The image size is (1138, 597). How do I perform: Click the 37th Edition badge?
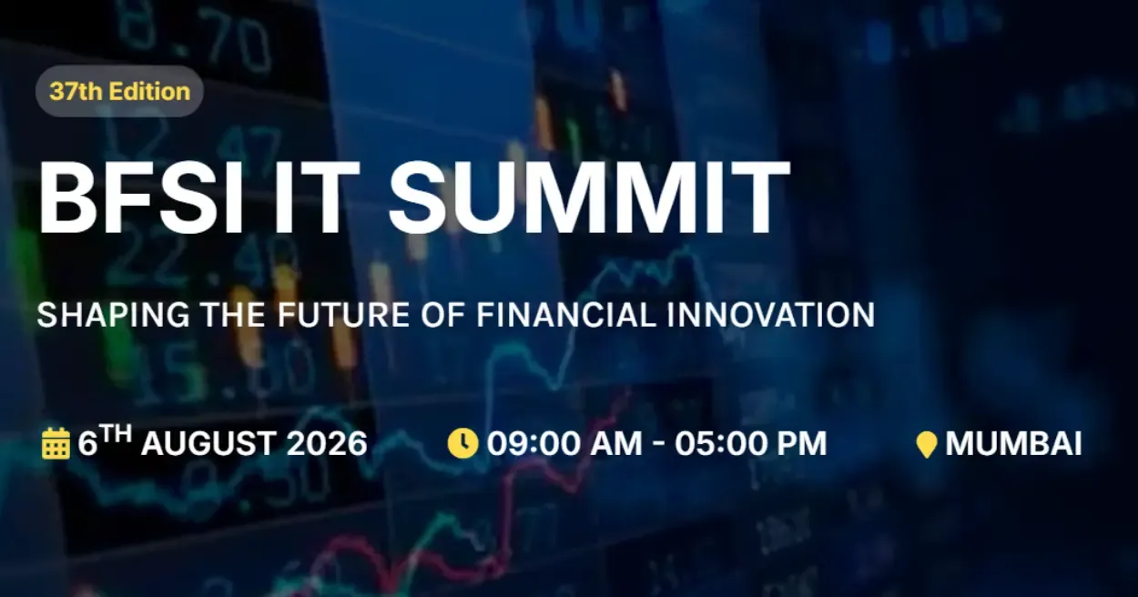pyautogui.click(x=119, y=91)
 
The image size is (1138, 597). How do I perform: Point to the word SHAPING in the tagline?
pyautogui.click(x=113, y=315)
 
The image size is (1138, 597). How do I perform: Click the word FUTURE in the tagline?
pyautogui.click(x=343, y=315)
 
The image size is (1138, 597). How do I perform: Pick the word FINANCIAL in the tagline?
pyautogui.click(x=567, y=315)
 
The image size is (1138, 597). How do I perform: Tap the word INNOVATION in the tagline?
pyautogui.click(x=771, y=315)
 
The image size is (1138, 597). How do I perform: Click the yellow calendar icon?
pyautogui.click(x=56, y=443)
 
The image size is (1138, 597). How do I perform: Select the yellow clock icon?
pyautogui.click(x=462, y=443)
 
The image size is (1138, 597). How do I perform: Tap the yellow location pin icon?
pyautogui.click(x=926, y=445)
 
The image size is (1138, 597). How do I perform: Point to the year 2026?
pyautogui.click(x=327, y=443)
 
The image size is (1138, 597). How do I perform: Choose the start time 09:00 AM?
pyautogui.click(x=565, y=443)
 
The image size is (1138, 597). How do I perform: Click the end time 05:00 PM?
pyautogui.click(x=751, y=443)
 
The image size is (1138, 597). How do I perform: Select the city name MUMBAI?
pyautogui.click(x=1013, y=444)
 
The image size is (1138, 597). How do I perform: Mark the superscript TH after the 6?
pyautogui.click(x=116, y=435)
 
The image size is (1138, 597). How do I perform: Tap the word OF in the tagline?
pyautogui.click(x=443, y=315)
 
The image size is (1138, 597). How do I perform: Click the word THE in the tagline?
pyautogui.click(x=233, y=315)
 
